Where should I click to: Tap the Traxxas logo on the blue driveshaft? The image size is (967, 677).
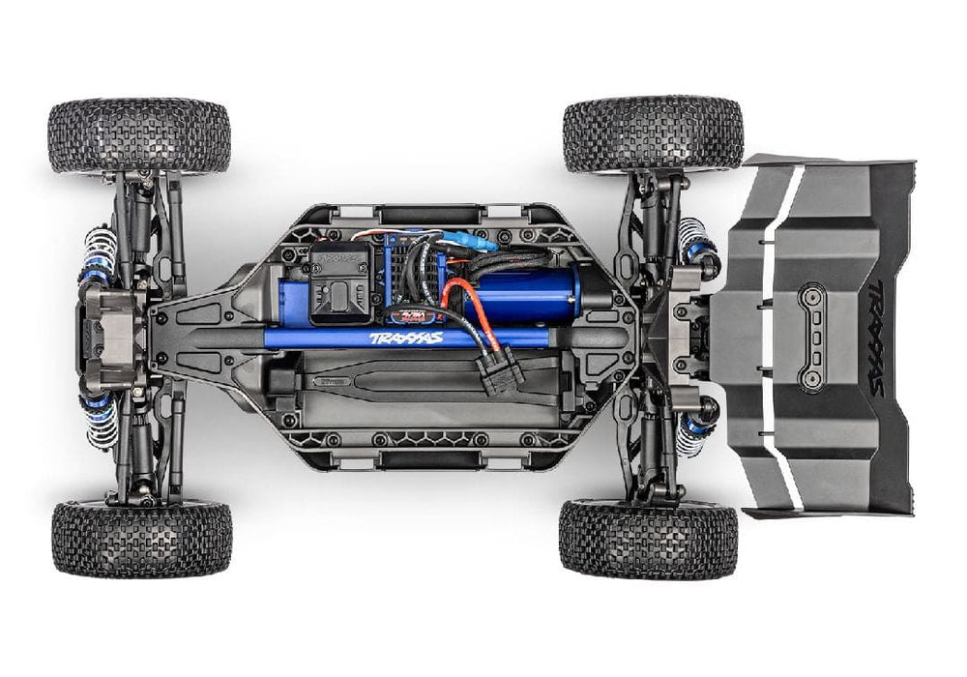pyautogui.click(x=405, y=338)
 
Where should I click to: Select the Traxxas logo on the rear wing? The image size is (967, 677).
pyautogui.click(x=872, y=338)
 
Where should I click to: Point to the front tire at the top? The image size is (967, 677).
pyautogui.click(x=139, y=135)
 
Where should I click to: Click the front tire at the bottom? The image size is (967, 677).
pyautogui.click(x=142, y=538)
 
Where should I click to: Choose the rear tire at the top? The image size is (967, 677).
pyautogui.click(x=653, y=133)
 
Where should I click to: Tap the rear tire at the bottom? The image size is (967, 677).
pyautogui.click(x=648, y=538)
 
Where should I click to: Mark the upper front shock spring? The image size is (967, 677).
pyautogui.click(x=99, y=255)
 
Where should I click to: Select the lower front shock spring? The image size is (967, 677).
pyautogui.click(x=101, y=418)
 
